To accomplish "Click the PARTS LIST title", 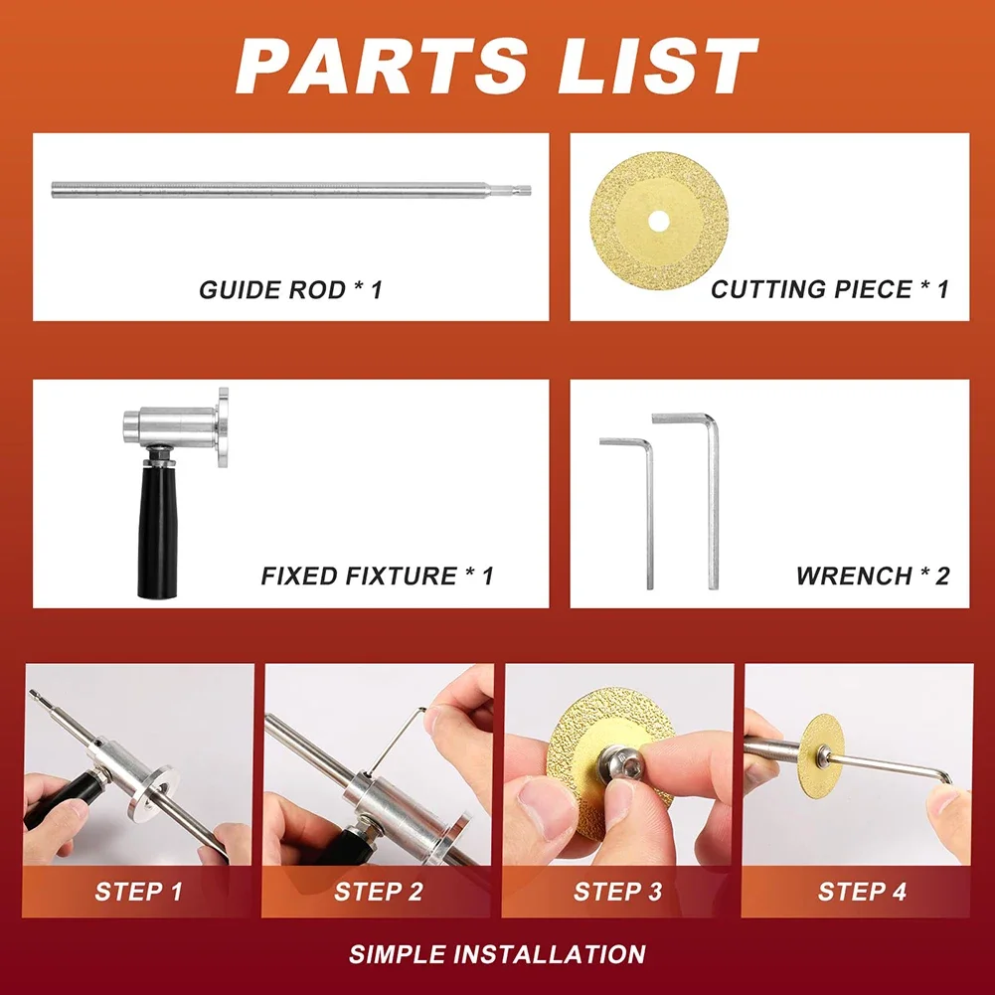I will tap(497, 66).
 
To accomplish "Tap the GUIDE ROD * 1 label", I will tap(290, 290).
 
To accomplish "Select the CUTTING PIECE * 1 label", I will tap(829, 290).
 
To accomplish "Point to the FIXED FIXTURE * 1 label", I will tap(377, 576).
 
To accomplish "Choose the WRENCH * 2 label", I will tap(872, 576).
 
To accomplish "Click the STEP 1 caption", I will tap(139, 892).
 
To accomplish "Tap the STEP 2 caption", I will tap(378, 892).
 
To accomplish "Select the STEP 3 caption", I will tap(617, 892).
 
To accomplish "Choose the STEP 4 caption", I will tap(862, 892).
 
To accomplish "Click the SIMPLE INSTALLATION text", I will tap(497, 955).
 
